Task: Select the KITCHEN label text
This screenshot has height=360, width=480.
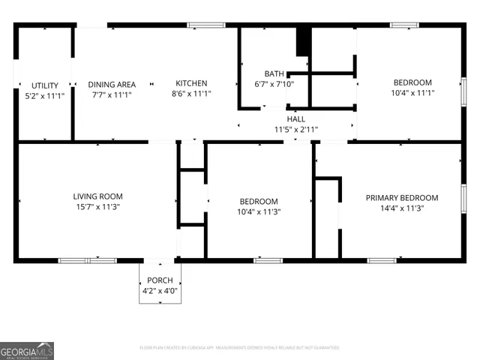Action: [x=191, y=83]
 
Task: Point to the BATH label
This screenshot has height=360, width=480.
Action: [x=274, y=73]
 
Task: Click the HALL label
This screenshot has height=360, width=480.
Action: [x=296, y=118]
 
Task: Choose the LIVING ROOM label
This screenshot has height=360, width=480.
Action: [x=97, y=196]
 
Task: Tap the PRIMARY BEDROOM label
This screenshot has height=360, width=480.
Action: [x=394, y=198]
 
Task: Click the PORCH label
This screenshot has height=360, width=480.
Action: [x=160, y=280]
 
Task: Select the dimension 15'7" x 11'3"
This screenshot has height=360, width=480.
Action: [x=97, y=207]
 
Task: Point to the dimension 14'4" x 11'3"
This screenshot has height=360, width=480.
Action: [x=394, y=208]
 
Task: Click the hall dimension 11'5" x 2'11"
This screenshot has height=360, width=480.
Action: [x=296, y=129]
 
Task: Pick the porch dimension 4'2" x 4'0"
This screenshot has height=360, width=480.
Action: [x=160, y=291]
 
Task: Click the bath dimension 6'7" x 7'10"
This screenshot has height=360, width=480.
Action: [x=274, y=84]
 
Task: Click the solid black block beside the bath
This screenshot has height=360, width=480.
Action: [x=303, y=41]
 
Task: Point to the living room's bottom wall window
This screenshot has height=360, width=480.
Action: [x=88, y=260]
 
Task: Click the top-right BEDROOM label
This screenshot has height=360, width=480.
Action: [x=412, y=82]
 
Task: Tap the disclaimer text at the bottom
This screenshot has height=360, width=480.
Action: [x=239, y=347]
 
